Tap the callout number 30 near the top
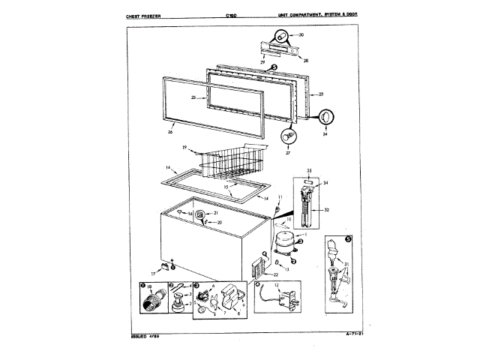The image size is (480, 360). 301,34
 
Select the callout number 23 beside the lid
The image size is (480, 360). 321,94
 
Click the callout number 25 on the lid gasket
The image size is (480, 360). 193,97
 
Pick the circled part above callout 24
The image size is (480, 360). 325,118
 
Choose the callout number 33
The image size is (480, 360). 307,172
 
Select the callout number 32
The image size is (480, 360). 327,210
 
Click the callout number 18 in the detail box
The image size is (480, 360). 149,288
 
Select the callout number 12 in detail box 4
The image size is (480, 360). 277,286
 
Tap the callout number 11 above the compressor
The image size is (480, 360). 280,198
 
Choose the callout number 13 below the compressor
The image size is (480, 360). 286,268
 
